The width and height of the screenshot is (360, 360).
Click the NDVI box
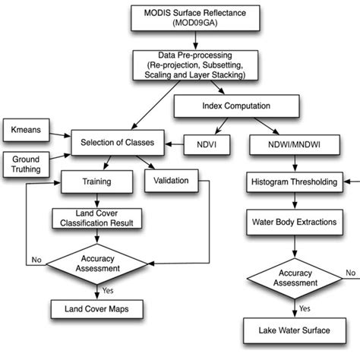[202, 142]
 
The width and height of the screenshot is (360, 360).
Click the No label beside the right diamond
[349, 273]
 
